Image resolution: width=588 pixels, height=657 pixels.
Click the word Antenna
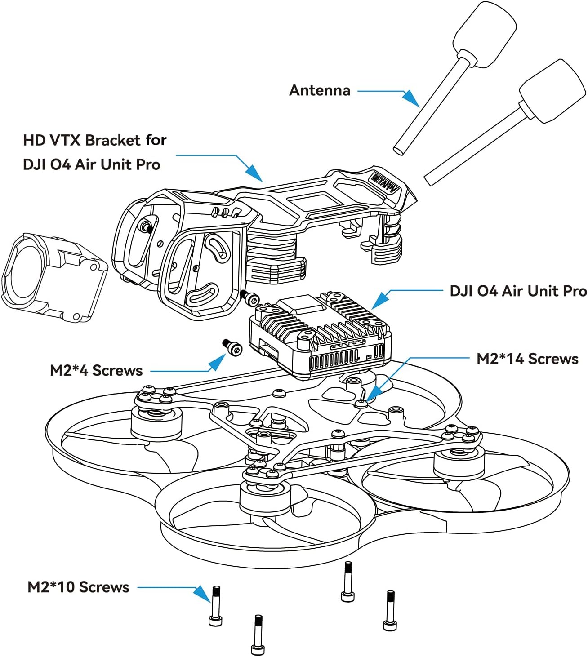(320, 90)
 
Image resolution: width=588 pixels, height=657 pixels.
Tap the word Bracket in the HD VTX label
(113, 140)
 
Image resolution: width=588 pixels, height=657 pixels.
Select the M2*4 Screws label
(96, 370)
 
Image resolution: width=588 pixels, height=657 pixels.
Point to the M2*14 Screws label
(527, 359)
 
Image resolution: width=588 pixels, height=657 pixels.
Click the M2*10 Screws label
(78, 587)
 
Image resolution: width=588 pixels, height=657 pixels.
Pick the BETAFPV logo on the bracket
(385, 183)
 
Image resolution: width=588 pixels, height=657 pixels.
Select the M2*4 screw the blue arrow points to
(232, 347)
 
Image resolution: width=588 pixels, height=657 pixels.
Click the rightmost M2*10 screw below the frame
(390, 611)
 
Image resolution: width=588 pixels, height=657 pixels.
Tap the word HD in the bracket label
(33, 140)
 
